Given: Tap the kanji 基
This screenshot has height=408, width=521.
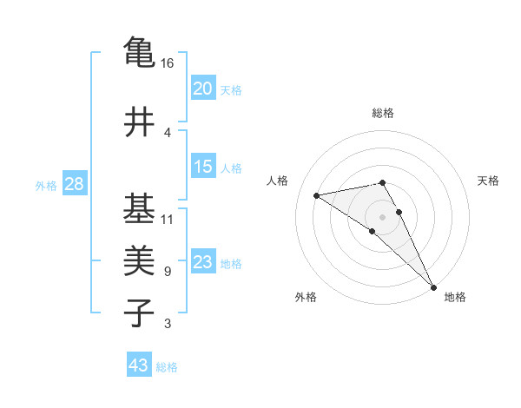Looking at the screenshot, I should (x=139, y=208).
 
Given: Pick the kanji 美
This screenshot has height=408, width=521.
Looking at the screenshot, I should (x=139, y=261).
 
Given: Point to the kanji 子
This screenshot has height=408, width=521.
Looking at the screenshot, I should (x=139, y=313).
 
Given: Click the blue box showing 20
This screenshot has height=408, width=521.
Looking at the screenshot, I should (x=203, y=88).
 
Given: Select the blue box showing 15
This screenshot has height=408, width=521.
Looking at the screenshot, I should (x=203, y=167).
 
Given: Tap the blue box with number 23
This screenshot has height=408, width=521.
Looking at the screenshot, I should (x=203, y=262).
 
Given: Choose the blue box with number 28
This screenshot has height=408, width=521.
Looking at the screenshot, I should (x=74, y=183).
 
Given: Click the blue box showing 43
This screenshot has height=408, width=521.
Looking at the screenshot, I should (x=139, y=365).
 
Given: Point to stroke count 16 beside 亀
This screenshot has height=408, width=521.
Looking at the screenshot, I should (x=168, y=63).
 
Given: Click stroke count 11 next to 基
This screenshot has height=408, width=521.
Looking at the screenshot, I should (x=168, y=219).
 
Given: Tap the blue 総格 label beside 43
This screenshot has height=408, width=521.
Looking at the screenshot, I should (x=168, y=367).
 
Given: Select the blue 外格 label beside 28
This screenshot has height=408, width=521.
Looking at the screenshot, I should (x=46, y=185).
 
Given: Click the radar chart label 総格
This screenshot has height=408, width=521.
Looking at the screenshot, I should (x=383, y=113).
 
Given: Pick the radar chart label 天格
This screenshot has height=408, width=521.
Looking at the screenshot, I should (x=488, y=181).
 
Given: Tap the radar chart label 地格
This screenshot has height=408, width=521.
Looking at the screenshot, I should (x=455, y=298).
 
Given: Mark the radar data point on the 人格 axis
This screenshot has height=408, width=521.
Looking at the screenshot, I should (x=317, y=195).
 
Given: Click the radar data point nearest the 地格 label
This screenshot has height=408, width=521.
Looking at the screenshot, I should (x=433, y=286).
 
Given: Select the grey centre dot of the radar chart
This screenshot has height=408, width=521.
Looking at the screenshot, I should (x=383, y=216).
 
